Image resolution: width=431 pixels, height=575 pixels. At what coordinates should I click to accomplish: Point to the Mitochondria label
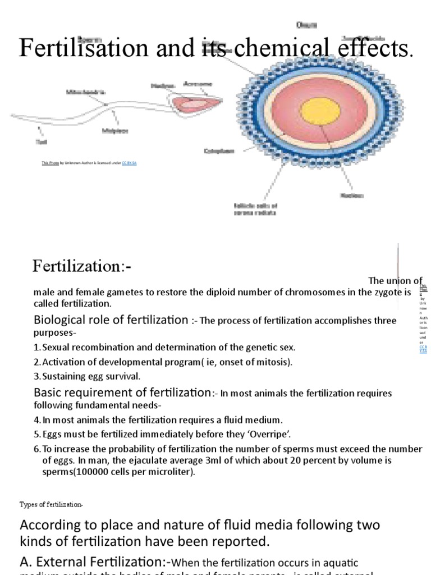(85, 92)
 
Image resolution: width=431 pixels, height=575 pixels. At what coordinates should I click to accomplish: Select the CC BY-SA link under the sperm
(129, 163)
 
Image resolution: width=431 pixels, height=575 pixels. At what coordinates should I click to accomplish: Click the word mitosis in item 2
(269, 362)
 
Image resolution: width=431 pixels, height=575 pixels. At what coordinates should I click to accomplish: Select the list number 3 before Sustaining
(36, 376)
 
